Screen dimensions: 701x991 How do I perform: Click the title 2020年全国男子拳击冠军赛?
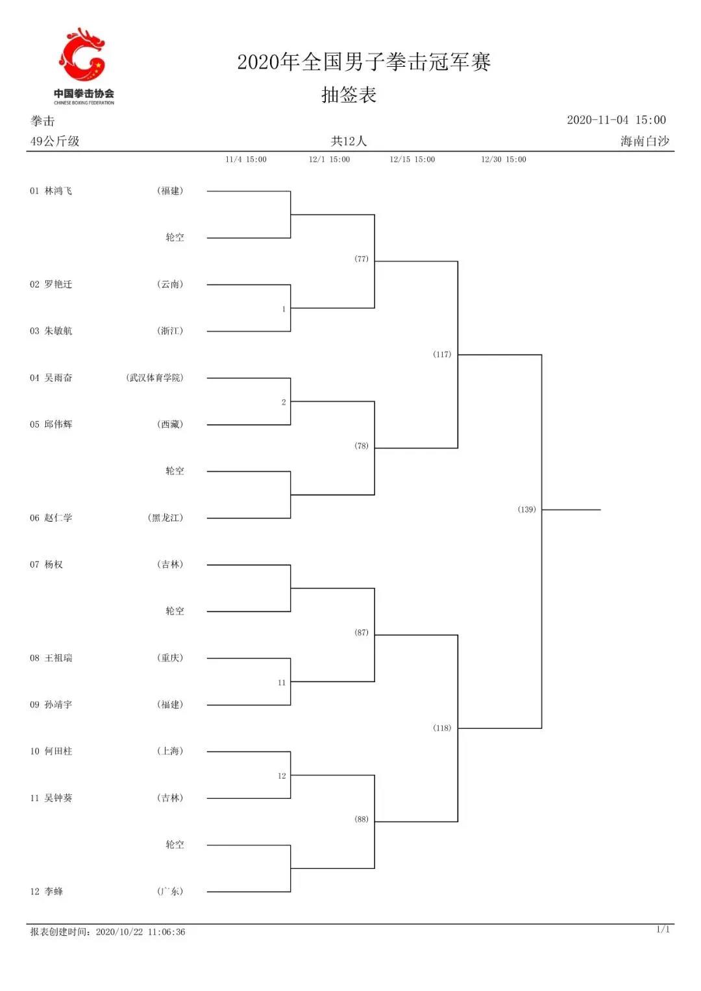click(x=363, y=62)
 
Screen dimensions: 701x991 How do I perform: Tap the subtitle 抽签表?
click(x=349, y=95)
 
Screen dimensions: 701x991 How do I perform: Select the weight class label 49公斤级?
click(x=55, y=141)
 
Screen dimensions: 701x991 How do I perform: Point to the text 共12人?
click(x=349, y=141)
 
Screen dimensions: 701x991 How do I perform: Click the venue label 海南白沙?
click(x=645, y=141)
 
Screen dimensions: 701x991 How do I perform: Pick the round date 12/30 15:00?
click(x=504, y=159)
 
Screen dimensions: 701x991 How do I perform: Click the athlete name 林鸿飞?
click(x=58, y=191)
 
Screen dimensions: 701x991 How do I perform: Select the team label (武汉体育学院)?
click(x=154, y=377)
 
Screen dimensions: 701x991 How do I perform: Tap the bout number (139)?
click(x=526, y=509)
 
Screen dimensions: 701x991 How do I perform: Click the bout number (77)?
click(x=361, y=259)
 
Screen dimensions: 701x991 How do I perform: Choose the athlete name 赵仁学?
click(x=58, y=518)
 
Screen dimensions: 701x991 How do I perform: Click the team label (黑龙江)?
click(x=166, y=518)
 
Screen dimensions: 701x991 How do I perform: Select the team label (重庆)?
click(x=170, y=658)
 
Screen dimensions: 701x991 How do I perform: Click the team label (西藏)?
click(x=170, y=424)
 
